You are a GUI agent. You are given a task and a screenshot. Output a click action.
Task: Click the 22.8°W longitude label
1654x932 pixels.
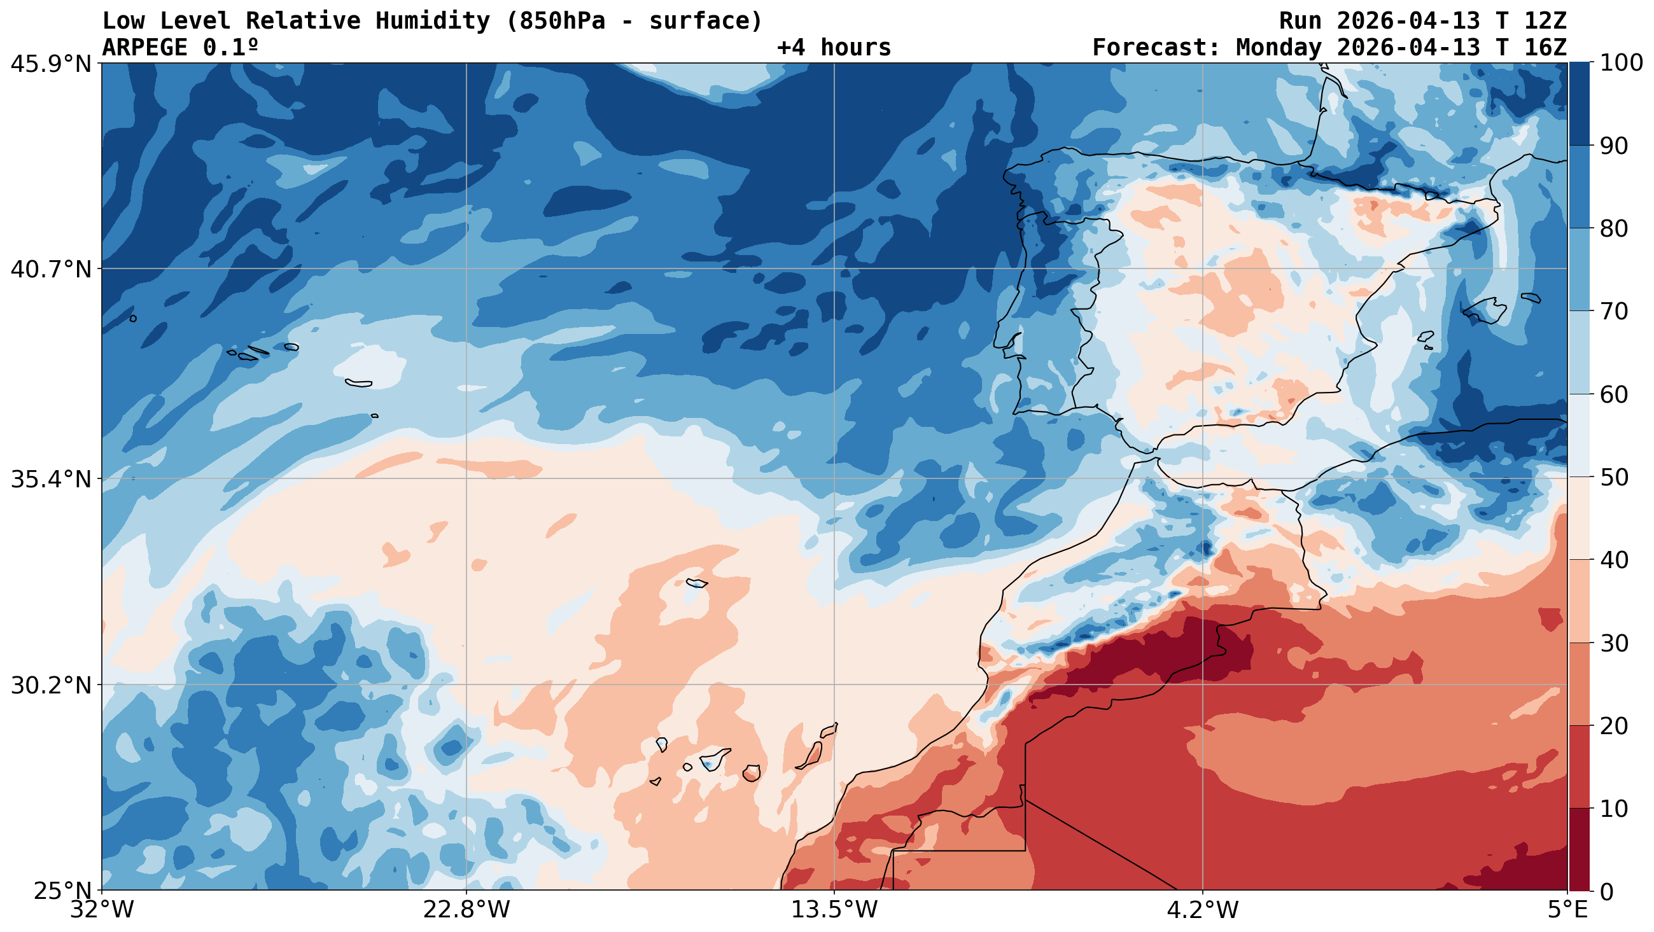[x=466, y=911]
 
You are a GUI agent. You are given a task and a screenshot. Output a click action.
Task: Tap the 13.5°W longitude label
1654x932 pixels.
[x=834, y=911]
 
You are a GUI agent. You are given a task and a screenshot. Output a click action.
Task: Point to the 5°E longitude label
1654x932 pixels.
[x=1567, y=911]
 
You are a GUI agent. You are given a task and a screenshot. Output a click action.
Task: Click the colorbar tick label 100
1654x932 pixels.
[x=1622, y=63]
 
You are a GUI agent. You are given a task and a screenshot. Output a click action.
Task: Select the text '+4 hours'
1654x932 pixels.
[x=834, y=48]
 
